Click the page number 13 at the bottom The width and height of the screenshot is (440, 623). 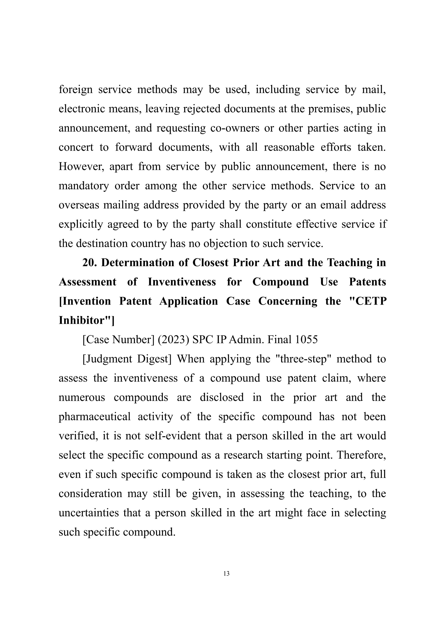[x=226, y=574]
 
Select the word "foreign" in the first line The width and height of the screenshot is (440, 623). [x=76, y=89]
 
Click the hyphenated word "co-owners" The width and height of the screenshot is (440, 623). [x=235, y=128]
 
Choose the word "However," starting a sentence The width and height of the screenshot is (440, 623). [x=81, y=166]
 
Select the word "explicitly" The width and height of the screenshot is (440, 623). [x=80, y=224]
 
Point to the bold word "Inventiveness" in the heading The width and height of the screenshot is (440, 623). [x=182, y=282]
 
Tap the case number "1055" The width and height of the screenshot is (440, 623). [x=306, y=340]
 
